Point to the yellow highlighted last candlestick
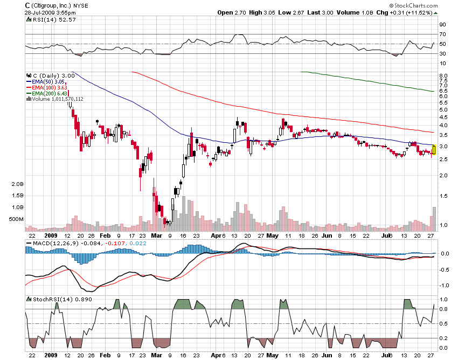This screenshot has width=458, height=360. coord(434,150)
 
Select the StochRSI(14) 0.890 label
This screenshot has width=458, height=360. coord(53,299)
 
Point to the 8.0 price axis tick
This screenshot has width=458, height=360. coord(443,76)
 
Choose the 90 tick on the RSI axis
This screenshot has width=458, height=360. coord(442,24)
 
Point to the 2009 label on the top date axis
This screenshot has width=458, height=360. coord(50,236)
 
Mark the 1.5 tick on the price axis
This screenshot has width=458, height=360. coord(443,196)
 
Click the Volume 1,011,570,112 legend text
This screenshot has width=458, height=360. coord(57,99)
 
